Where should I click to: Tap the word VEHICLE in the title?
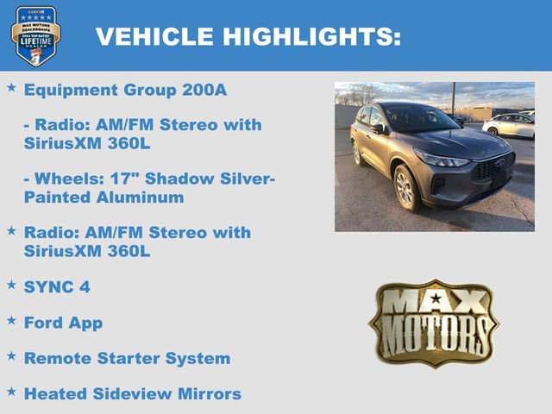click(x=154, y=36)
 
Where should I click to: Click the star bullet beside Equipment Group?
click(x=11, y=88)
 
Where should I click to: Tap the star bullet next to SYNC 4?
click(x=11, y=284)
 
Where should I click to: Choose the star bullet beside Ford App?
click(x=11, y=320)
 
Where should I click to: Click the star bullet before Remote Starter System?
click(x=11, y=355)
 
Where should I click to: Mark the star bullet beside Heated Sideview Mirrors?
click(x=11, y=391)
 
